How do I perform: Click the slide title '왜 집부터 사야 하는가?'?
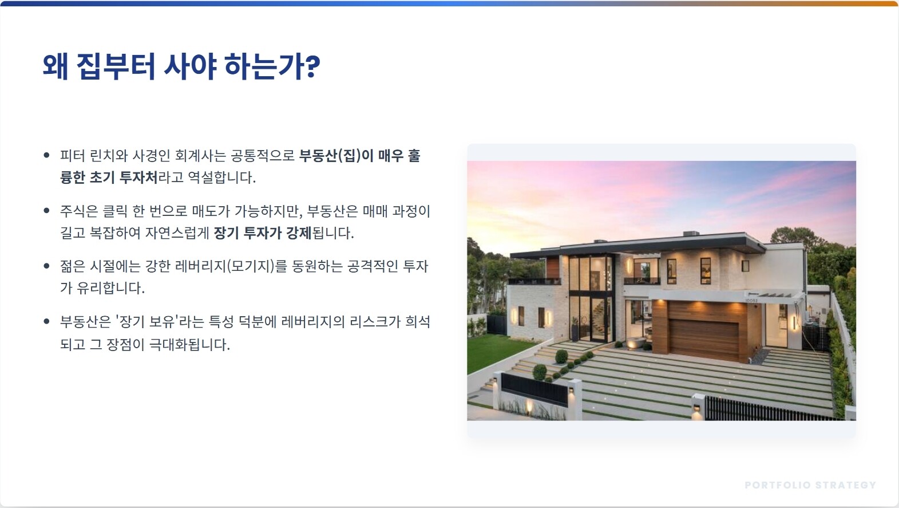[181, 66]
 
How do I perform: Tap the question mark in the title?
[312, 66]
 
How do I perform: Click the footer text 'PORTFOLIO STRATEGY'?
[810, 485]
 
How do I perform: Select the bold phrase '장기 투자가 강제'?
[263, 233]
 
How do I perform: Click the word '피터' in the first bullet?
[72, 155]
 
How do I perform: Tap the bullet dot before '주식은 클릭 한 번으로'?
[46, 210]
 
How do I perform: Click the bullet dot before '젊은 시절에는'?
[46, 265]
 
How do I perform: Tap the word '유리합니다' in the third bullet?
[110, 288]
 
